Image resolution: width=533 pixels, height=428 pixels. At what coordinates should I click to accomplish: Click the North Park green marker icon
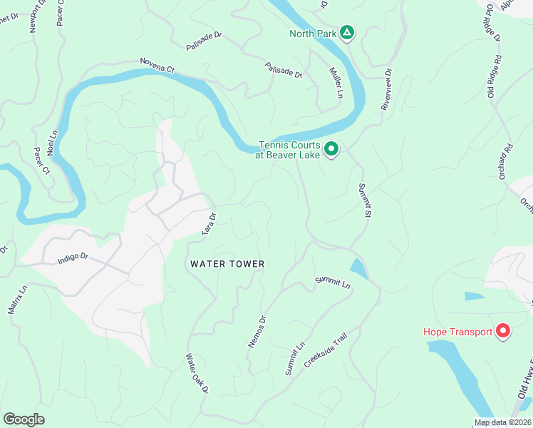[346, 33]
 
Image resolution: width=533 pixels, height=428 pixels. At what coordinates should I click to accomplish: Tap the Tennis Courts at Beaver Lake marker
[331, 149]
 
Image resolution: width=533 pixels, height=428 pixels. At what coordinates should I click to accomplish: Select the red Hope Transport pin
[503, 331]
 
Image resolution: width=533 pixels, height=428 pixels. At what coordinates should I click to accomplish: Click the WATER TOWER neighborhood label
[227, 264]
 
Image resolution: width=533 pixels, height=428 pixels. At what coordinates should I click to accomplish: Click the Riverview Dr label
[387, 89]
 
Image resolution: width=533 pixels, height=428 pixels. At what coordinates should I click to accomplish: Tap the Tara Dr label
[209, 223]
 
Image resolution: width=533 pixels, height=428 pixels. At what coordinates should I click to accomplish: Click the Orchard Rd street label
[506, 162]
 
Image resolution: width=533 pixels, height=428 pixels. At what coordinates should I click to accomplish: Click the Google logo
[24, 419]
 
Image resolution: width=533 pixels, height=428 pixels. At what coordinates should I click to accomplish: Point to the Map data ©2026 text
[502, 422]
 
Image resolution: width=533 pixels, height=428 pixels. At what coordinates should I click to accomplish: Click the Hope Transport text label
[457, 332]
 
